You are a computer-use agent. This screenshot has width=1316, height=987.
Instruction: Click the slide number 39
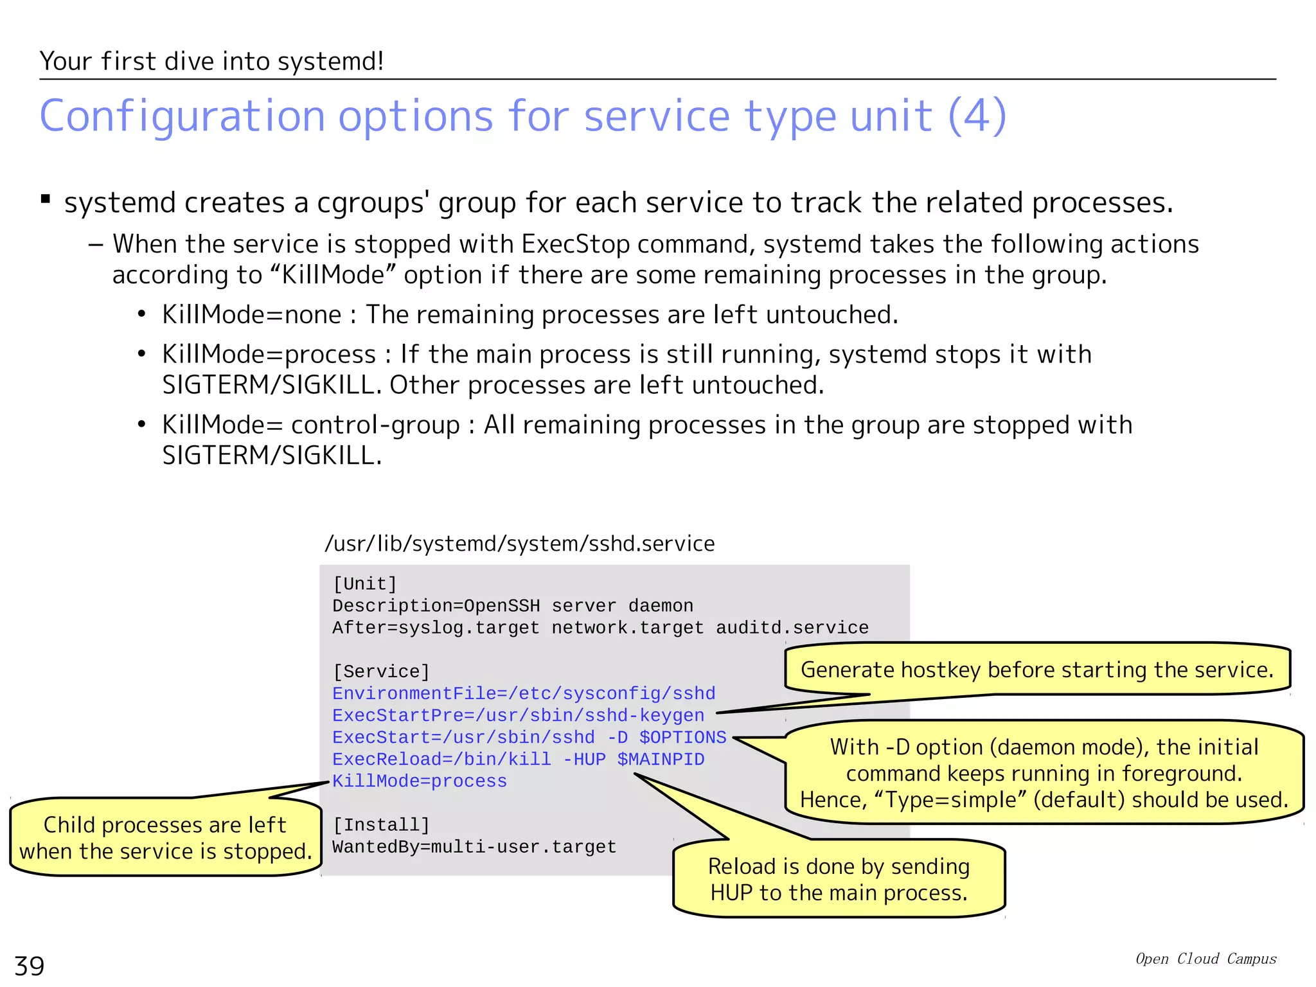coord(30,966)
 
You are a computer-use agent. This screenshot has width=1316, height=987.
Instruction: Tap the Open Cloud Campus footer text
coord(1205,959)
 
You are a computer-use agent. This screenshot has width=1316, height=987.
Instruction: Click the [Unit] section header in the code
coord(364,583)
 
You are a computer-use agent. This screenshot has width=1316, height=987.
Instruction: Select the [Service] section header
coord(380,671)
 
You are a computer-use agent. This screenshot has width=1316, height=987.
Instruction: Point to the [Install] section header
coord(380,824)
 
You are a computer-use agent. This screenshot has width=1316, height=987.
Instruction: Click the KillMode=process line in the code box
coord(420,781)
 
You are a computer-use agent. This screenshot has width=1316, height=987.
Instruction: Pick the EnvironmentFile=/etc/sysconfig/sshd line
coord(524,693)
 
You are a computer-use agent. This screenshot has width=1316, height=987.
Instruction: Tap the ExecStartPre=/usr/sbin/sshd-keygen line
coord(518,715)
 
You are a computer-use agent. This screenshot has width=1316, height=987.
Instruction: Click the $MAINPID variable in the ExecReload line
coord(661,760)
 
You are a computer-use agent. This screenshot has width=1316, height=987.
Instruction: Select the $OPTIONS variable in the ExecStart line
coord(682,738)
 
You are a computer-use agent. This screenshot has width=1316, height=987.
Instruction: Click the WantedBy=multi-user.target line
coord(474,847)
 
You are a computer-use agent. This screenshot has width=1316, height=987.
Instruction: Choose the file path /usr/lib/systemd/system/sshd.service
coord(519,544)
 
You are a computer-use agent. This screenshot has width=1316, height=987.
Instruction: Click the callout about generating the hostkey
coord(1037,670)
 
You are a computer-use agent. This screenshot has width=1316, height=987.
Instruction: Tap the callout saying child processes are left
coord(165,838)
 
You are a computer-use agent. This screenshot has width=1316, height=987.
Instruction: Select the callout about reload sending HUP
coord(839,879)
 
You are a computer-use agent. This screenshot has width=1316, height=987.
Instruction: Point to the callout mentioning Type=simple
coord(1044,773)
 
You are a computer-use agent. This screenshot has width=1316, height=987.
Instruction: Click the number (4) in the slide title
coord(977,116)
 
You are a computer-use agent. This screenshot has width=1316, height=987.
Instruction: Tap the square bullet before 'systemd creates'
coord(46,199)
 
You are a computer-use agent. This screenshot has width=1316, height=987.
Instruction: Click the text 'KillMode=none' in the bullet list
coord(251,315)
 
